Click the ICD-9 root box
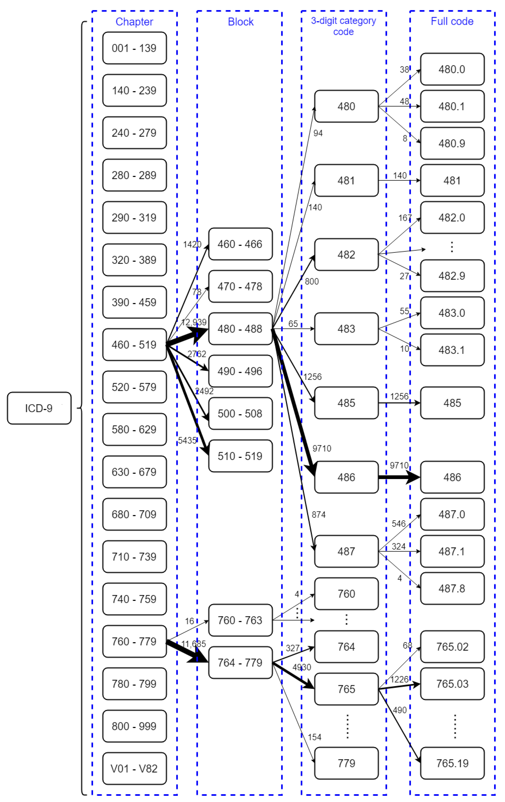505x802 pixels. (x=39, y=408)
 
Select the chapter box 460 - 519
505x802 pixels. (x=134, y=344)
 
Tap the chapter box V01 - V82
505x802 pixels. (x=134, y=768)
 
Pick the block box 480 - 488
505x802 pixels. (x=240, y=329)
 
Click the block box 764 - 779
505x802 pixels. (x=240, y=663)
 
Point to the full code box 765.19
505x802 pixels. (x=452, y=763)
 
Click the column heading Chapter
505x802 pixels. (x=134, y=22)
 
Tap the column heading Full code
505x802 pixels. (x=452, y=21)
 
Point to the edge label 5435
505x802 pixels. (x=187, y=440)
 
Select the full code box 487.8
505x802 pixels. (x=452, y=589)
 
